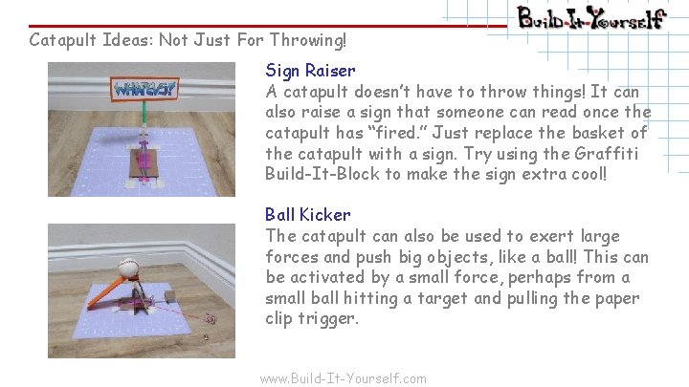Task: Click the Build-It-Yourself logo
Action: click(590, 18)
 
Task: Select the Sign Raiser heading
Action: click(310, 70)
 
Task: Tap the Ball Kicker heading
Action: click(307, 215)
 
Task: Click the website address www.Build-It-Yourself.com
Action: click(344, 378)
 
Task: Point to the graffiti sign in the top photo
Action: click(144, 90)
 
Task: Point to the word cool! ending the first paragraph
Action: click(585, 175)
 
